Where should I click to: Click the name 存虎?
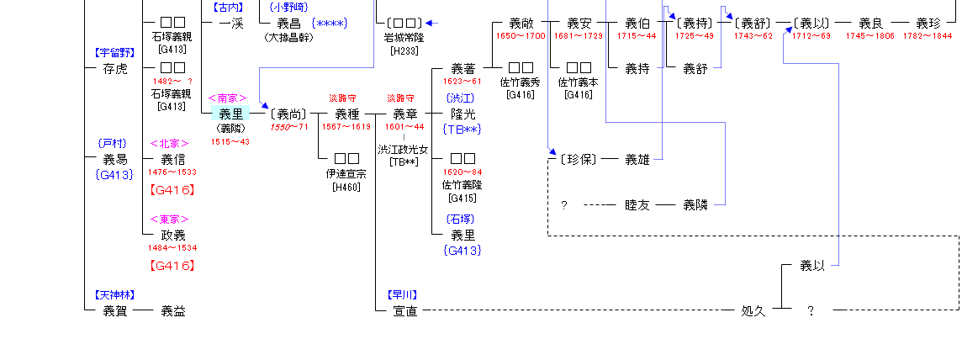(x=115, y=68)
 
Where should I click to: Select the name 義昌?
(x=283, y=24)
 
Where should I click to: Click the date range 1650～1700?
(x=521, y=36)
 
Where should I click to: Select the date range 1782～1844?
(x=928, y=36)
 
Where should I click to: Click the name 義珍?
(x=928, y=24)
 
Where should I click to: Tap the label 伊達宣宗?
(x=346, y=173)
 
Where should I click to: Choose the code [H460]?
(x=346, y=186)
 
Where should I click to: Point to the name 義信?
(x=173, y=159)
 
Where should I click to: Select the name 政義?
(x=173, y=235)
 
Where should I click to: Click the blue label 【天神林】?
(x=115, y=295)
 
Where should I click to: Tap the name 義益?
(x=173, y=310)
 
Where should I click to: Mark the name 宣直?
(x=404, y=310)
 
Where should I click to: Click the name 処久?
(x=753, y=310)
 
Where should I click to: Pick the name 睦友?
(x=637, y=204)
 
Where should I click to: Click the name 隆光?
(x=462, y=114)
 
